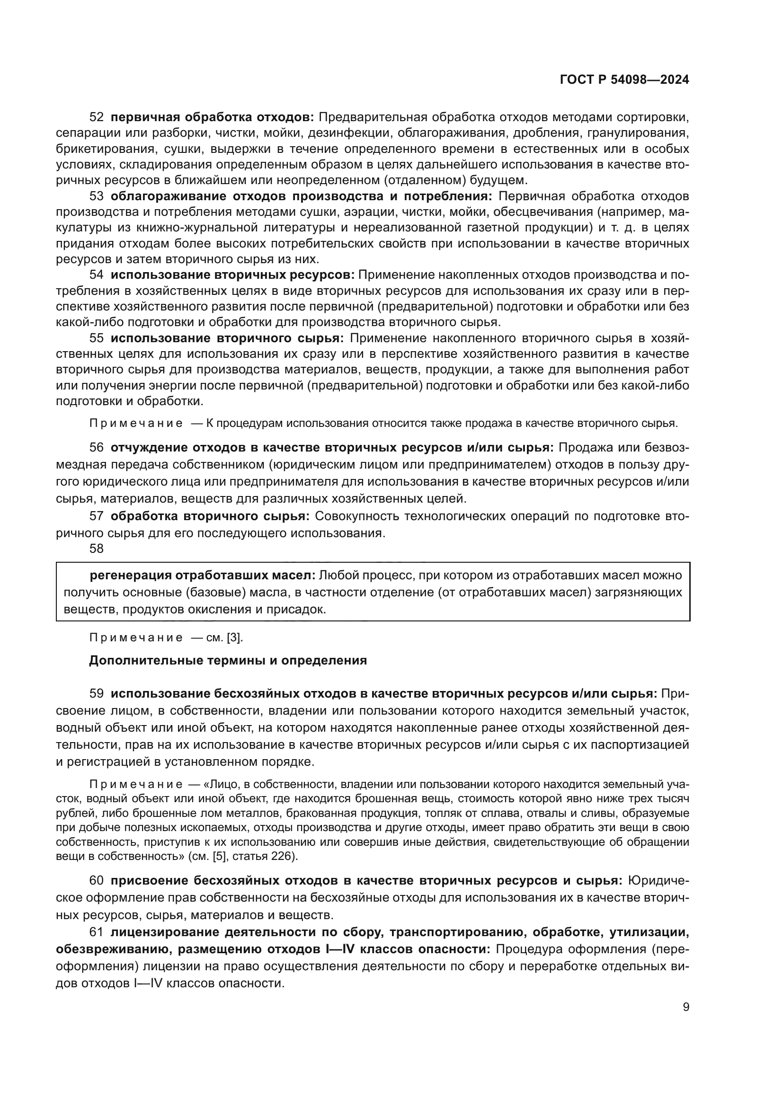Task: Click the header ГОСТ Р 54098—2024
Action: (x=624, y=80)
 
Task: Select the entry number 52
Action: (x=97, y=117)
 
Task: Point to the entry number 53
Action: (x=97, y=196)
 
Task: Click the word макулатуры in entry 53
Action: (x=680, y=212)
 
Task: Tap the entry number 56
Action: (x=97, y=447)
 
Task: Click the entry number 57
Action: (x=97, y=516)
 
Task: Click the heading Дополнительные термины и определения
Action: (x=228, y=660)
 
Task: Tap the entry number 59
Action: (x=97, y=694)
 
